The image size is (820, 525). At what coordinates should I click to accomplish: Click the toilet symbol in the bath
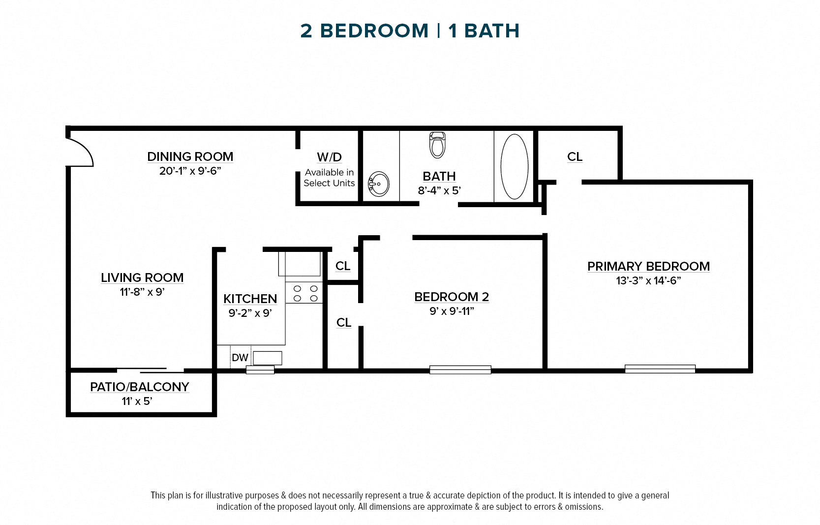coord(437,145)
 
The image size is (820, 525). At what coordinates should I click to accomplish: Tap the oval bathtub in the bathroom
coord(514,166)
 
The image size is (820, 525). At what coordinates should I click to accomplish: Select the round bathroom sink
coord(379,184)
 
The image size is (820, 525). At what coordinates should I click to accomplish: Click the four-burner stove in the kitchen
coord(305,293)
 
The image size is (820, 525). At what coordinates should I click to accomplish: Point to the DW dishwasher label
coord(240,358)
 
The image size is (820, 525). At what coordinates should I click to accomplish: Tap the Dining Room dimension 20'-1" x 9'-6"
coord(190,171)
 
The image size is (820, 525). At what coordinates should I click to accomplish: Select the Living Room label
coord(142,278)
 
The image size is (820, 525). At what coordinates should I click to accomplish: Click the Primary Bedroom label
coord(648,266)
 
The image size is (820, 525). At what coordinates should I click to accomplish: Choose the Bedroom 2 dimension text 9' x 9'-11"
coord(452,311)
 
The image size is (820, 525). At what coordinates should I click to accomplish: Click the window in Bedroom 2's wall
coord(460,370)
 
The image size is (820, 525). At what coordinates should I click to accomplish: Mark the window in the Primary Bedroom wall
coord(660,369)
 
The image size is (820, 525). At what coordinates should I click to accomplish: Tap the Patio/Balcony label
coord(139,387)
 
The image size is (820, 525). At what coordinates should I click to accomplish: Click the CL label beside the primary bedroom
coord(575,157)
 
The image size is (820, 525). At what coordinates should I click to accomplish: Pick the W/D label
coord(329,157)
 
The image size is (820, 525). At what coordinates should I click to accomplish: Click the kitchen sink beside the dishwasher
coord(267,358)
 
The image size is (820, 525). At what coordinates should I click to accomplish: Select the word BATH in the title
coord(491,31)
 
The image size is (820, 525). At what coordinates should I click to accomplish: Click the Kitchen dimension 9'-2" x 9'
coord(250,313)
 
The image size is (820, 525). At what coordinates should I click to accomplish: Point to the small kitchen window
coord(260,370)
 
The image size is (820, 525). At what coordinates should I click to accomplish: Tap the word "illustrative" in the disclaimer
coord(224,495)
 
